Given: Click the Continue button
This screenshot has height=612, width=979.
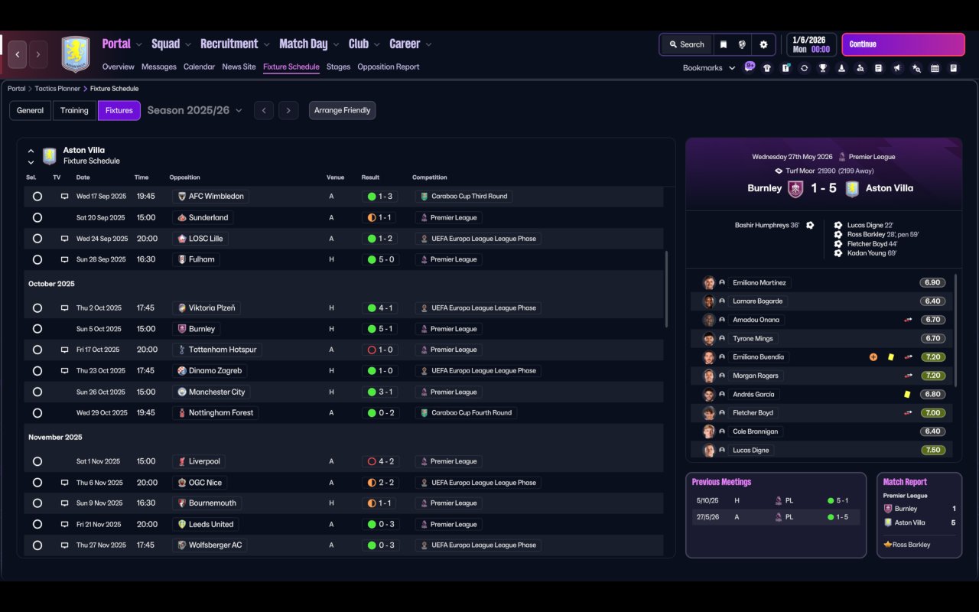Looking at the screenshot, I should coord(903,44).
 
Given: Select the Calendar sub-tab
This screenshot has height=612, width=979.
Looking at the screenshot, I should coord(199,67).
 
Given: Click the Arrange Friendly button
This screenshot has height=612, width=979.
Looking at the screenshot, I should coord(342,110).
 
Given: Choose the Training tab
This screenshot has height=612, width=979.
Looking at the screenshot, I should coord(74,110).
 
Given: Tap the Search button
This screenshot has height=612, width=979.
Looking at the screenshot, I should coord(686,44).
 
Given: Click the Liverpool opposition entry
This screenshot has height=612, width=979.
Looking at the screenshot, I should coord(204,461).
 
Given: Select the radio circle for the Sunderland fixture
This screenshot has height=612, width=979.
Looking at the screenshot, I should coord(37,217).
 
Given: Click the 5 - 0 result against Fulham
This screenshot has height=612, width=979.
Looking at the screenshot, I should coord(380,259).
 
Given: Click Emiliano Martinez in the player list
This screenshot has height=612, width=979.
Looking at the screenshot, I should coord(759,283).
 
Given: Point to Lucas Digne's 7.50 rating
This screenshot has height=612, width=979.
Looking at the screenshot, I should coord(932,450).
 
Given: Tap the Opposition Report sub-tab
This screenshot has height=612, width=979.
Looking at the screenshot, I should coord(388,67).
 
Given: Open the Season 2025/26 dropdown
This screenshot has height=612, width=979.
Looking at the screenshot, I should coord(194,110).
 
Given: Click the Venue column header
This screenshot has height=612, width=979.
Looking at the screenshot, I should coord(335,177).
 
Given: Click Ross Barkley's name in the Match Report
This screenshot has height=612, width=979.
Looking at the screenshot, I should coord(911,545).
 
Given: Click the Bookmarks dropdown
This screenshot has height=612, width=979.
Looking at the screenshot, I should coord(709,68).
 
